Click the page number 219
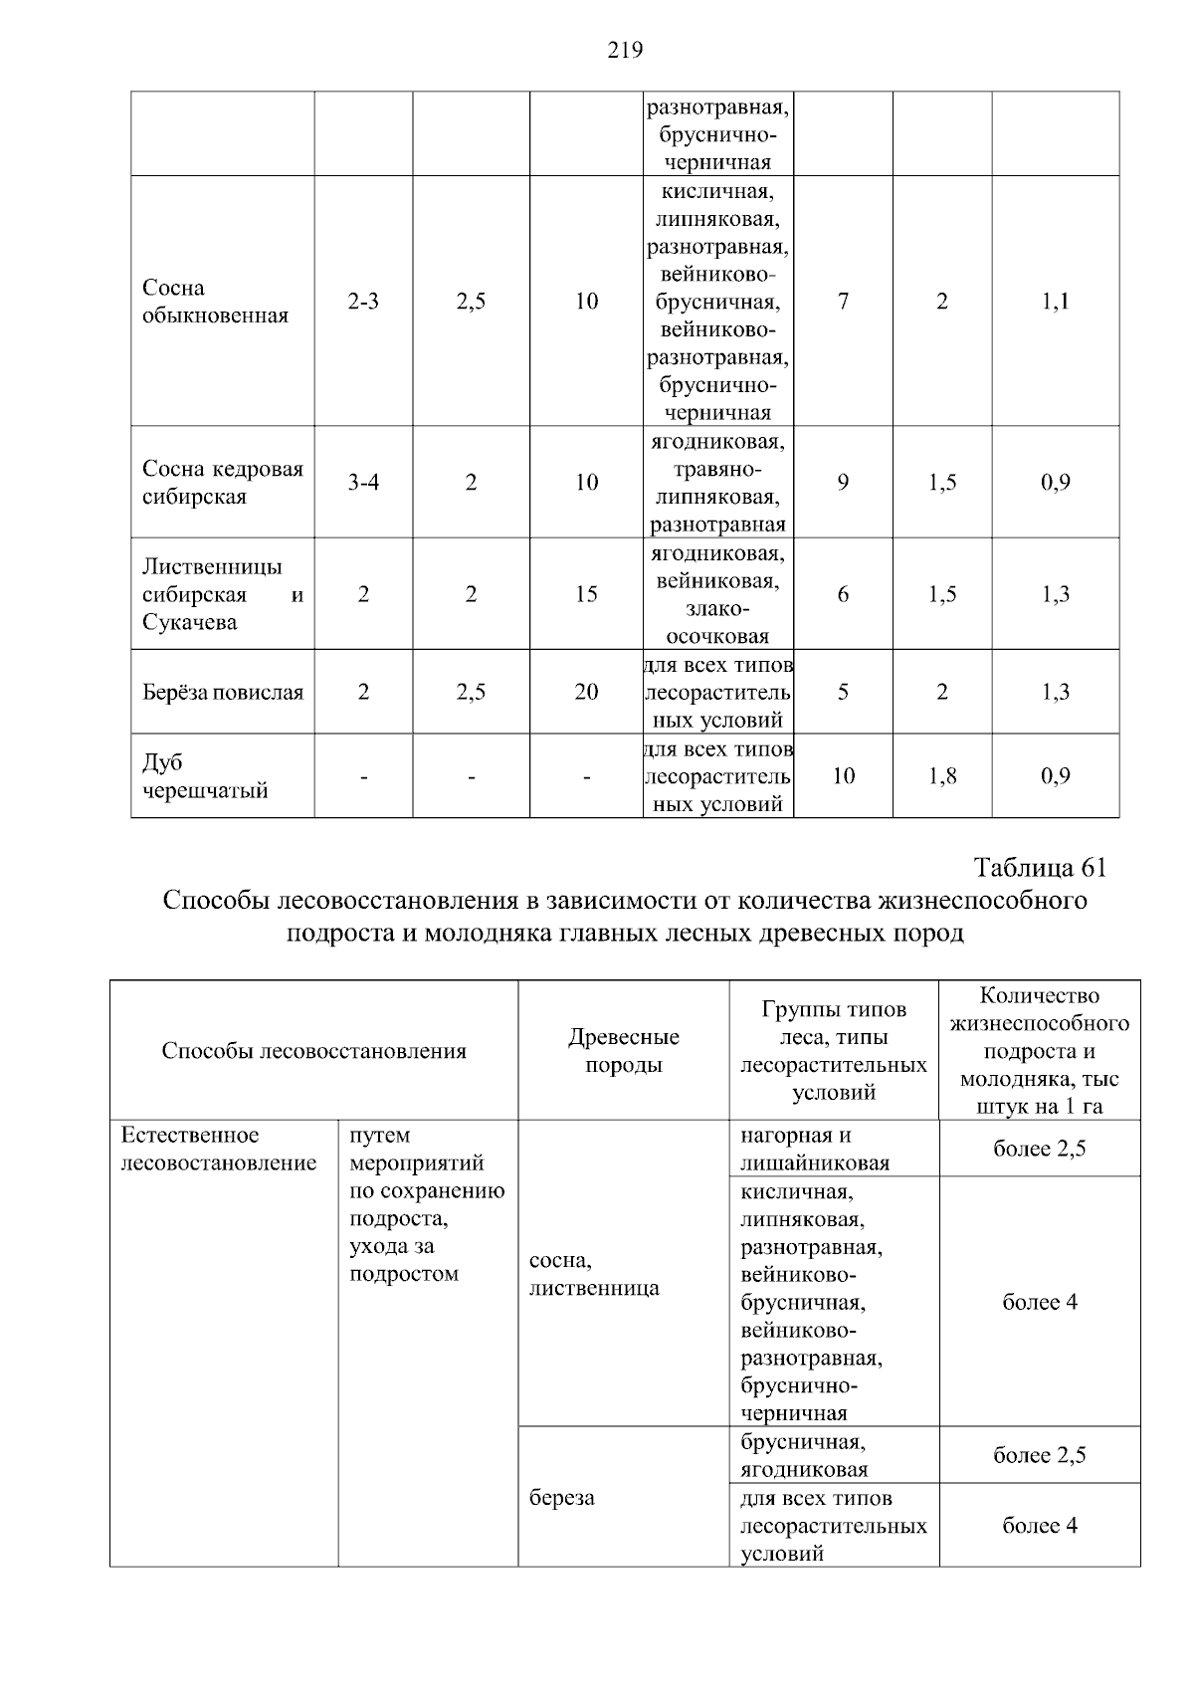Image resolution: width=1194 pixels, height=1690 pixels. (x=625, y=50)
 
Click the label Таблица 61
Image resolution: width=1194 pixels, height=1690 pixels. (x=1040, y=868)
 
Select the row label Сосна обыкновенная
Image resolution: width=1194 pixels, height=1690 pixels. (x=215, y=302)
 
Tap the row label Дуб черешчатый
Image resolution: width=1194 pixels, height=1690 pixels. (x=205, y=776)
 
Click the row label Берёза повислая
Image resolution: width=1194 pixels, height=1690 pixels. (x=223, y=692)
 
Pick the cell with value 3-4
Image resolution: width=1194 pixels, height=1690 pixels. (x=363, y=483)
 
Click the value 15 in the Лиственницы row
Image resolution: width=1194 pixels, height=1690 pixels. (x=586, y=594)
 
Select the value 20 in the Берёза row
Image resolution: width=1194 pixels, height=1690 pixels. (x=586, y=692)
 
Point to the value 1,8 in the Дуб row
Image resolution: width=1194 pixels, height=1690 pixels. (x=942, y=776)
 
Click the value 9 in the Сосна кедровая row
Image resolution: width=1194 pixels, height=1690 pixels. (x=843, y=483)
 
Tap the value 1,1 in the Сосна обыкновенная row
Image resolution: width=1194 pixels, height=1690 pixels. (x=1056, y=302)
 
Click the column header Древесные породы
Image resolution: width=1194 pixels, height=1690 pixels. (x=624, y=1050)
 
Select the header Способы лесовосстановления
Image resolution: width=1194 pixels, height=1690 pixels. (x=313, y=1051)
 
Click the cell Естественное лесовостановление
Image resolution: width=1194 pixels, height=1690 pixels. (x=218, y=1149)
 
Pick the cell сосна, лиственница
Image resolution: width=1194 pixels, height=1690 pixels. (x=594, y=1274)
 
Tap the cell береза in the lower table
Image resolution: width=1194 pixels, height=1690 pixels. (x=562, y=1498)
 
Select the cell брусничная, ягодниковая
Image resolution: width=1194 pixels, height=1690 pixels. (x=804, y=1455)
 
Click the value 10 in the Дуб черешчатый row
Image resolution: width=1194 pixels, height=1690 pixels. (x=843, y=776)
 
